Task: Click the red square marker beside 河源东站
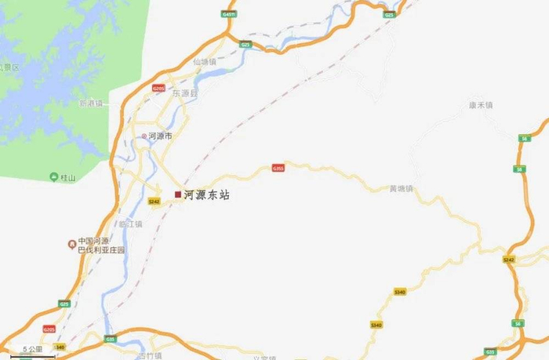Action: click(178, 194)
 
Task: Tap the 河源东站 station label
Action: click(207, 195)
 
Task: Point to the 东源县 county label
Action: click(187, 93)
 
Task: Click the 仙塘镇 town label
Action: click(202, 61)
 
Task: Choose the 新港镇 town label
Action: click(91, 103)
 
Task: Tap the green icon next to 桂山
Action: click(53, 177)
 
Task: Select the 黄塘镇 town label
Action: click(401, 189)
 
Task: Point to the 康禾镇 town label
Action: click(480, 104)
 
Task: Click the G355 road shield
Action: click(278, 168)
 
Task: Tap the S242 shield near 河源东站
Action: click(154, 201)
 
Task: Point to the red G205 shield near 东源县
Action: click(158, 89)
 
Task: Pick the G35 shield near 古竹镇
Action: click(111, 339)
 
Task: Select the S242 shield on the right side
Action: click(509, 259)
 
